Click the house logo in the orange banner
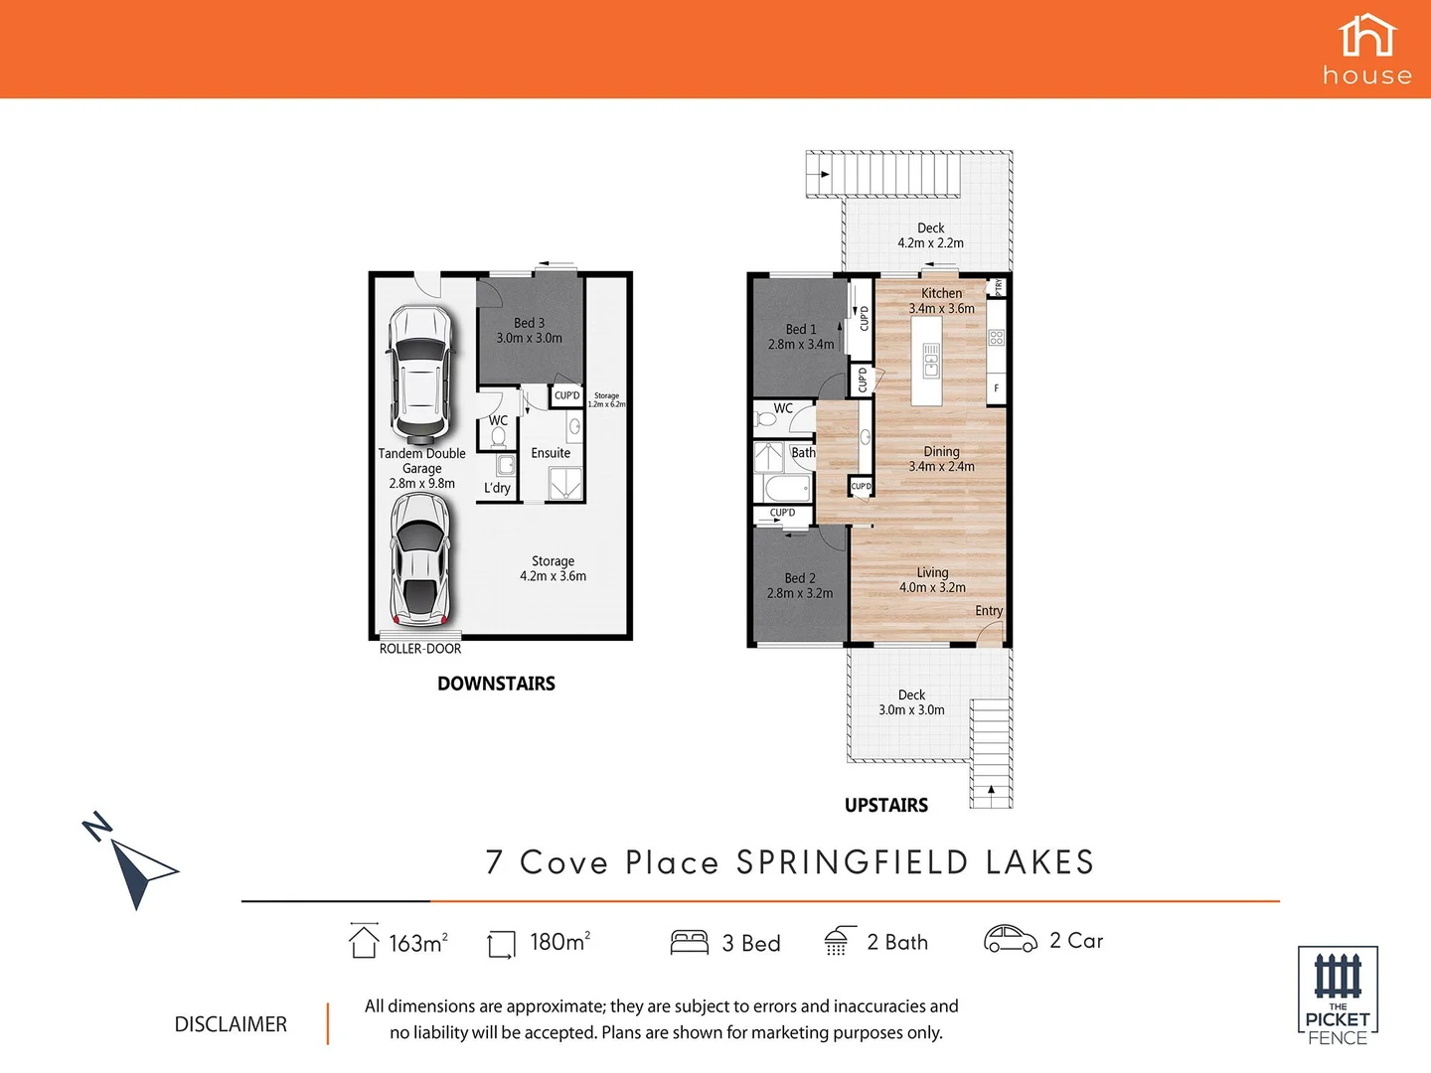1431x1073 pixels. (1366, 49)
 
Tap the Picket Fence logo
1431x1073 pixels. (1338, 995)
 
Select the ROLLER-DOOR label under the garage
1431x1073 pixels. (420, 649)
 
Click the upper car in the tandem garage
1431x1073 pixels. (420, 374)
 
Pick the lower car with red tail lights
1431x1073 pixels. (420, 560)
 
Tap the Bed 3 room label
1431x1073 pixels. (529, 330)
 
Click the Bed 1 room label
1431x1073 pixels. (801, 337)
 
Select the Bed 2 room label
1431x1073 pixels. (800, 585)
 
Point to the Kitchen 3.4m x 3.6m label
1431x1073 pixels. (941, 300)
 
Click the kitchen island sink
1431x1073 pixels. (931, 361)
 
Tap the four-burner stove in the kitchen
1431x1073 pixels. (997, 338)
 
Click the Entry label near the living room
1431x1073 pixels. (989, 611)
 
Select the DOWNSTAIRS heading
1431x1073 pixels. (496, 684)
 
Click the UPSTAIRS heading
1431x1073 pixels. (886, 806)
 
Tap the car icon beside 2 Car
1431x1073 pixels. (1010, 939)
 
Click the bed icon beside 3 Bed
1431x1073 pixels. (690, 942)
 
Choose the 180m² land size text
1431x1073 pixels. (559, 942)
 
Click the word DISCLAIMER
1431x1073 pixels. (231, 1024)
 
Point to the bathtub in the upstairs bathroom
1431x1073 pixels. (786, 490)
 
